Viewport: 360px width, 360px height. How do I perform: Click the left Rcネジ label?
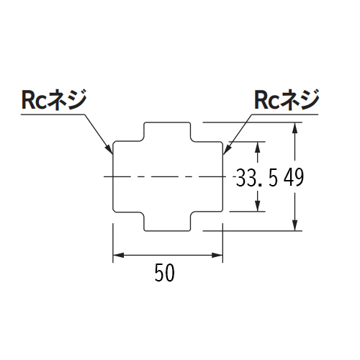tap(54, 100)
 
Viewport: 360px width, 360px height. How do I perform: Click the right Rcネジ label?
tap(287, 100)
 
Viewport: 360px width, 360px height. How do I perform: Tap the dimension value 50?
tap(165, 272)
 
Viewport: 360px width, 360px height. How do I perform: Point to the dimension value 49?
tap(294, 177)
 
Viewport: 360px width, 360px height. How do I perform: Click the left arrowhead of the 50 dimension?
tap(118, 255)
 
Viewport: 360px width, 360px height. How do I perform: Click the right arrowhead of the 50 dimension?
tap(217, 255)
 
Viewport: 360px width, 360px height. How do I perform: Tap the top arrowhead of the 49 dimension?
tap(295, 128)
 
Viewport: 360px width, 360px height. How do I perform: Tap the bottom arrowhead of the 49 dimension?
tap(295, 225)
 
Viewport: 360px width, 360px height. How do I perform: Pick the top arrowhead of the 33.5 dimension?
tap(258, 147)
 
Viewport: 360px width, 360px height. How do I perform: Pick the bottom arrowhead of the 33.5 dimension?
tap(258, 206)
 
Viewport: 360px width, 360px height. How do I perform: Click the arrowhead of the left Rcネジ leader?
tap(109, 149)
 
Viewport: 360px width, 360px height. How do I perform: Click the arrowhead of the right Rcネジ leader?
tap(227, 149)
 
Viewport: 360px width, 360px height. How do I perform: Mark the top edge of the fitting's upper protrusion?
tap(167, 122)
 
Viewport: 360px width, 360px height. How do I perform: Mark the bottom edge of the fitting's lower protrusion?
tap(167, 231)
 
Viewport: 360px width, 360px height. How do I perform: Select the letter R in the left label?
tap(28, 100)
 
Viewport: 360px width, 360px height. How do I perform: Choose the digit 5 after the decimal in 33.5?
tap(273, 177)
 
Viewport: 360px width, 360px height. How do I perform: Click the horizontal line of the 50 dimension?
tap(168, 255)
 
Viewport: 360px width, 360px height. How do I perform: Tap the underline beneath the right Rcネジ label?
tap(285, 114)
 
